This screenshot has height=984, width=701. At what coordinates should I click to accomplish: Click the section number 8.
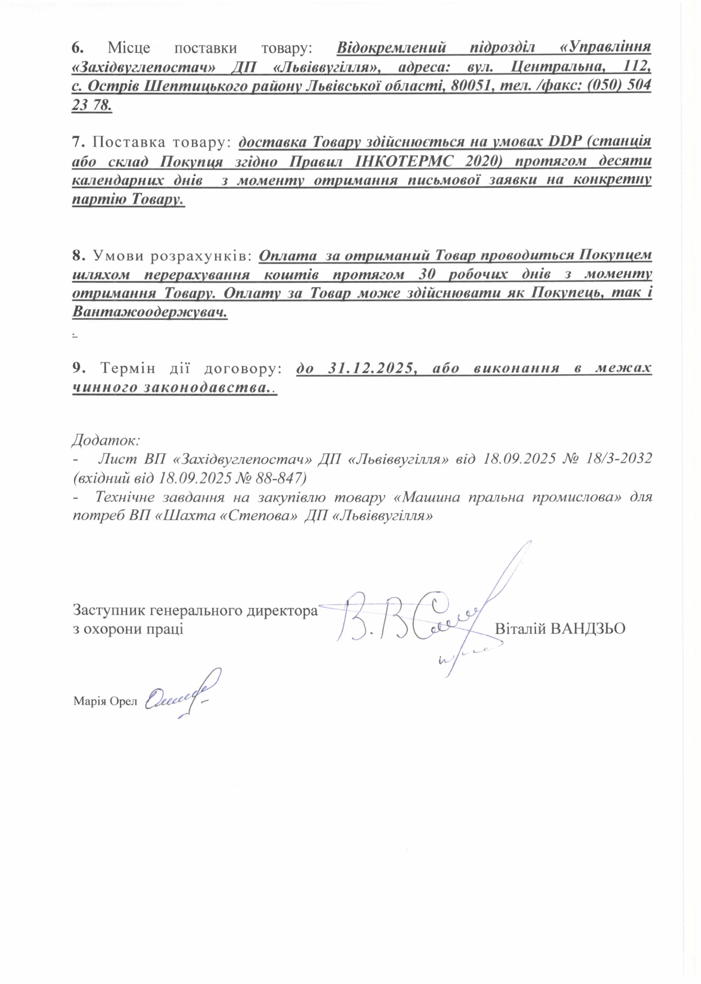(78, 256)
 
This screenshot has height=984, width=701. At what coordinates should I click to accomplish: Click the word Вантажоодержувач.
(150, 313)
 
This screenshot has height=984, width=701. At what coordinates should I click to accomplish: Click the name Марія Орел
(105, 701)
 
